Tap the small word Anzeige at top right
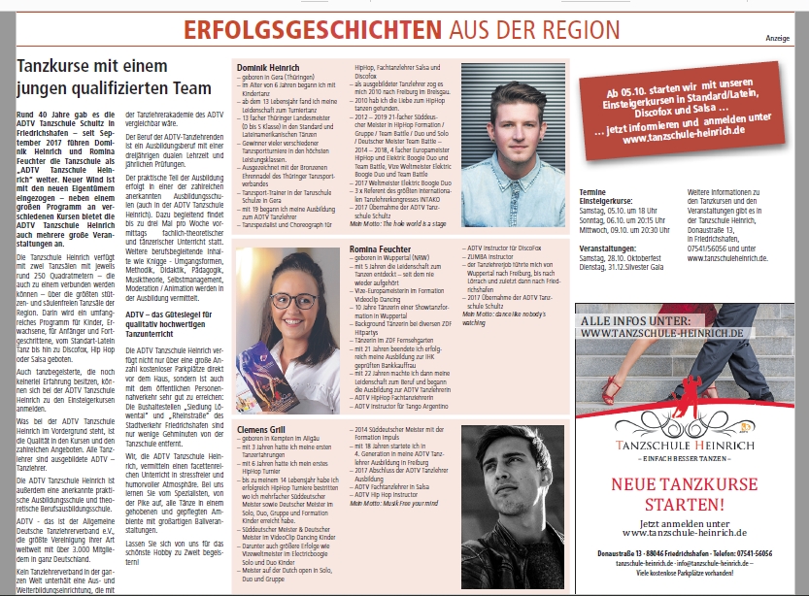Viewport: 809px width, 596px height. [777, 38]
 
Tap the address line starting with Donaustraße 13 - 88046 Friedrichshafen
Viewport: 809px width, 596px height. [680, 553]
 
